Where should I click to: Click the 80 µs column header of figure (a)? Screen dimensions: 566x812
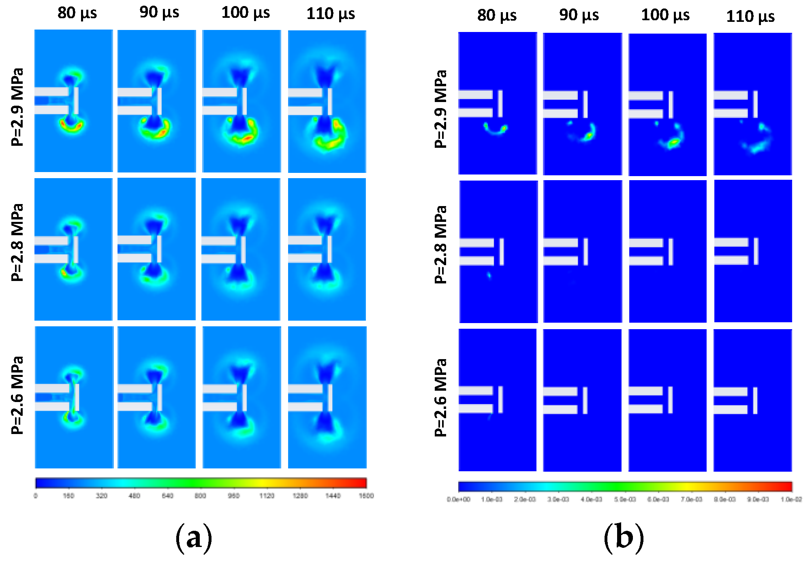point(77,13)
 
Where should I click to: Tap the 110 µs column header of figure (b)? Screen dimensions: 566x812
point(750,17)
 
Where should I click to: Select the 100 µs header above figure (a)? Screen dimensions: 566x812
point(245,13)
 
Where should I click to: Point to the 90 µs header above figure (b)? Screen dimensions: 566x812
point(579,15)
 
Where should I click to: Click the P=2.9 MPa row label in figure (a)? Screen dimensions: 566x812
point(17,107)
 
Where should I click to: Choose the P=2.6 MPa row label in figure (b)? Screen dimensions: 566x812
point(440,397)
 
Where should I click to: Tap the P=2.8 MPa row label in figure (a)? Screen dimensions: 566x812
point(17,242)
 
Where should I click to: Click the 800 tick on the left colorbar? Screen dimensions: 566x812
point(200,496)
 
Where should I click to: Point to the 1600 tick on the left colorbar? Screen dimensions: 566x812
point(366,496)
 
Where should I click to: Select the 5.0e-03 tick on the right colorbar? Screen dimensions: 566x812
point(625,499)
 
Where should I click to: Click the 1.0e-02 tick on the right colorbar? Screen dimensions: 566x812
point(791,499)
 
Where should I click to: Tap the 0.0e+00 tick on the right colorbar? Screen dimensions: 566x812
point(459,499)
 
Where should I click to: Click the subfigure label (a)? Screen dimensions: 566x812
point(194,537)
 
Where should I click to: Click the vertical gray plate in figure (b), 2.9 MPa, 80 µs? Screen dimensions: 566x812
point(500,104)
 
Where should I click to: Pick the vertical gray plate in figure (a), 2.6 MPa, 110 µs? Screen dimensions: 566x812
point(330,398)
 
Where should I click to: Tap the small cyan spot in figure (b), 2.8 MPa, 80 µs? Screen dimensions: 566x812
point(489,276)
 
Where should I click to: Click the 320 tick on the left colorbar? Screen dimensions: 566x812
point(101,496)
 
